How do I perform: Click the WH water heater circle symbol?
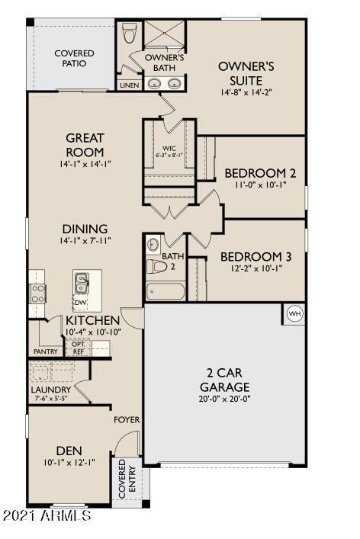click(x=294, y=313)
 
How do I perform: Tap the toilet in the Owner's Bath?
click(x=129, y=33)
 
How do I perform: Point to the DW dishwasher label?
click(x=80, y=303)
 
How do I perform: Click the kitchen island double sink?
click(x=82, y=284)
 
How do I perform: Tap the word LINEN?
click(x=129, y=85)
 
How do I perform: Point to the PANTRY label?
click(x=46, y=352)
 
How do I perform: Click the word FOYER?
click(x=126, y=420)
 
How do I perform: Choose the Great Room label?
click(x=85, y=144)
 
